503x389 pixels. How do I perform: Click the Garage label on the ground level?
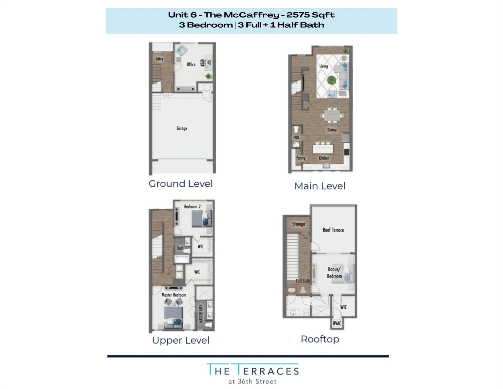(x=182, y=128)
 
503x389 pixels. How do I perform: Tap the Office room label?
(x=191, y=64)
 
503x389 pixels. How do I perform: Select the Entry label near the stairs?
(x=159, y=59)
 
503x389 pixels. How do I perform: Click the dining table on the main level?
(x=332, y=116)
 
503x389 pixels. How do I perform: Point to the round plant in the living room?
(x=331, y=80)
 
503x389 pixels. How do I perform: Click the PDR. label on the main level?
(x=297, y=138)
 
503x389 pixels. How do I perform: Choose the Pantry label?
(x=301, y=158)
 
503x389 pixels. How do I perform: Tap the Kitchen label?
(x=324, y=158)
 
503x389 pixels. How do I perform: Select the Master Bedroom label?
(x=174, y=295)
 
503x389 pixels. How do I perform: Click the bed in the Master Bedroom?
(x=173, y=317)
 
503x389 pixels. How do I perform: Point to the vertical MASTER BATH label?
(x=200, y=314)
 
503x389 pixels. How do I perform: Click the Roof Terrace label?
(x=333, y=230)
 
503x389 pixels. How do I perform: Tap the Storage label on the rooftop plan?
(x=298, y=224)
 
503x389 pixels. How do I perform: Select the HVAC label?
(x=337, y=323)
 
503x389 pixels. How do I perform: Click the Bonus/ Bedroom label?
(x=334, y=273)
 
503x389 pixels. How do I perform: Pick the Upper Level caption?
(x=181, y=340)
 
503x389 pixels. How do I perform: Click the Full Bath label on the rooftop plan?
(x=303, y=281)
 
